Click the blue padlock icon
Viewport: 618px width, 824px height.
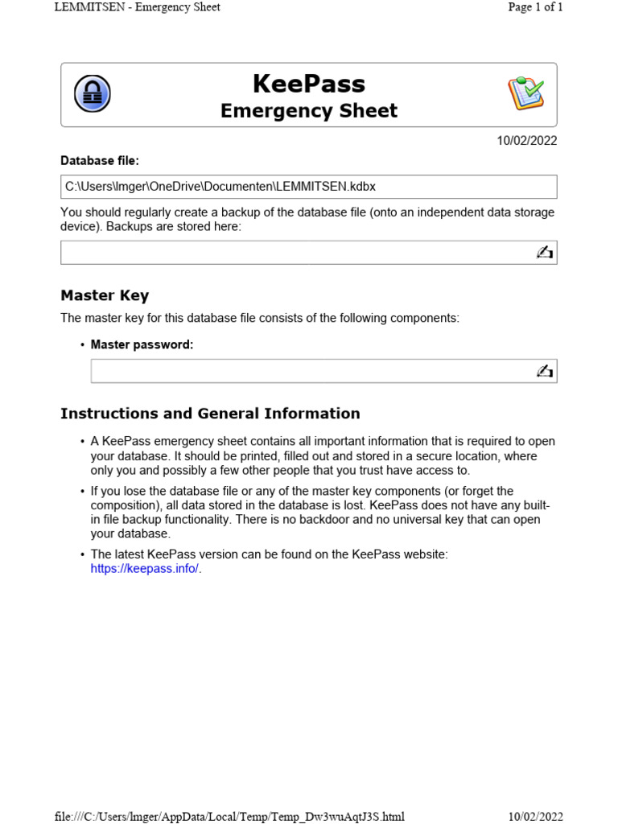[x=93, y=94]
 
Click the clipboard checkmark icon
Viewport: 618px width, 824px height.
[x=525, y=93]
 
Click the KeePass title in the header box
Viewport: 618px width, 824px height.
[x=309, y=84]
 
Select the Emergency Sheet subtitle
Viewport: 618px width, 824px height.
[x=309, y=111]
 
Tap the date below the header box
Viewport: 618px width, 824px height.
[x=526, y=141]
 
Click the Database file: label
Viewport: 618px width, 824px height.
[x=100, y=161]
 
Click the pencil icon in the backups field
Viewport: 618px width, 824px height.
[x=545, y=253]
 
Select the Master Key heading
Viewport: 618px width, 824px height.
[x=105, y=295]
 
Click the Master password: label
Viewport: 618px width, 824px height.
[x=142, y=344]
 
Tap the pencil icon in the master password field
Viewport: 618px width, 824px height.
[x=545, y=371]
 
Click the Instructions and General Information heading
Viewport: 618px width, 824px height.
[x=210, y=414]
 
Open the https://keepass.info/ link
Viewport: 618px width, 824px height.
[x=144, y=569]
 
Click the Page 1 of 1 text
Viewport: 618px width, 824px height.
[x=535, y=7]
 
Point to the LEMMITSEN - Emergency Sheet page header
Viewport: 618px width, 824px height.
[x=137, y=7]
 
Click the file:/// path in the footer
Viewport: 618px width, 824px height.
[x=229, y=817]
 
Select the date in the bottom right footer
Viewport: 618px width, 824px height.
[x=535, y=817]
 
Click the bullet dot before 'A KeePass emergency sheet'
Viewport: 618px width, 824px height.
[x=82, y=442]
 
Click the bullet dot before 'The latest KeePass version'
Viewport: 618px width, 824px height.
[x=82, y=555]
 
